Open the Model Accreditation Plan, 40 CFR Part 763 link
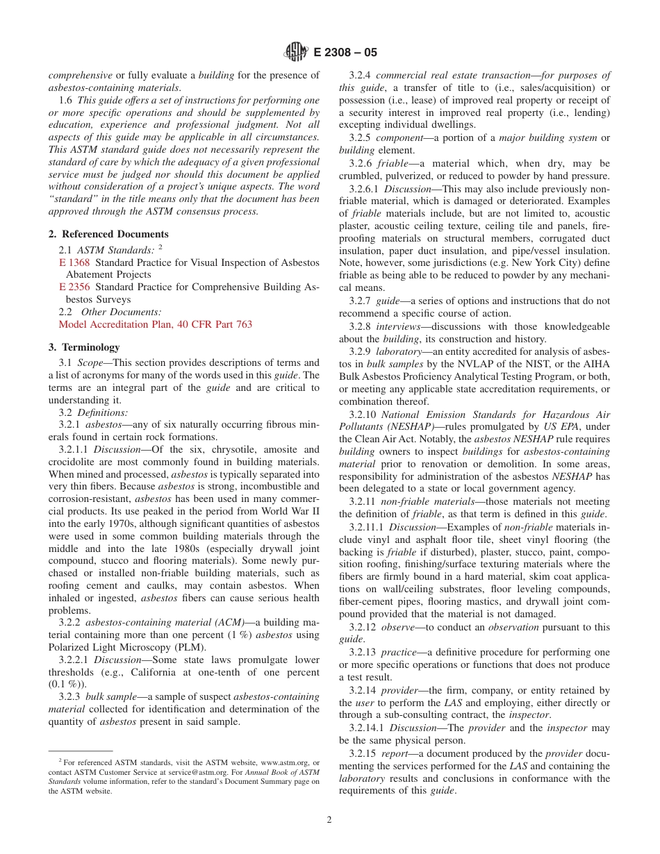(155, 324)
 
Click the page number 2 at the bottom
(329, 819)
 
